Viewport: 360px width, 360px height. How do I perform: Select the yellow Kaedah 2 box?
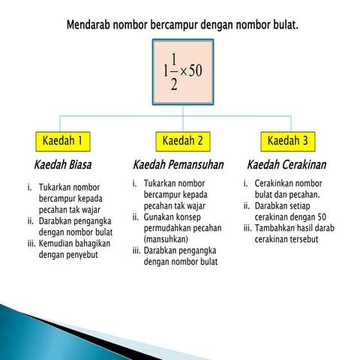[x=182, y=141]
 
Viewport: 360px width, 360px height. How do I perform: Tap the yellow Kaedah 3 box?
[x=288, y=141]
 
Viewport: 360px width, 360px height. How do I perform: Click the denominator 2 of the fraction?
[x=174, y=85]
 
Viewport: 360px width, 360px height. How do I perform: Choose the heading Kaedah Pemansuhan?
[x=178, y=163]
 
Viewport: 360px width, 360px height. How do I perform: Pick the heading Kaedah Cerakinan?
[x=287, y=163]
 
